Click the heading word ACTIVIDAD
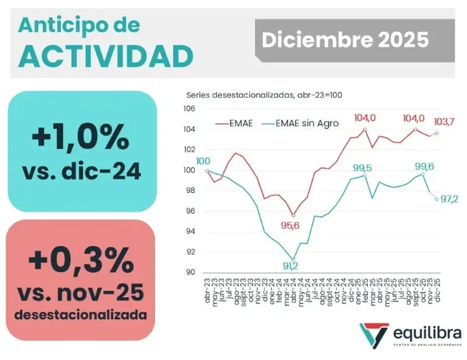coord(105,56)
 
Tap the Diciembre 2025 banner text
coord(345,40)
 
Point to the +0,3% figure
coord(81,261)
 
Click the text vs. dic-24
coord(82,172)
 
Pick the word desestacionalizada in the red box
coord(81,316)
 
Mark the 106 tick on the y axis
coord(189,109)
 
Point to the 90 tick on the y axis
coord(189,272)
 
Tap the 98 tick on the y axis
coord(189,190)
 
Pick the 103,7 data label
coord(443,122)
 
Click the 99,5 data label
coord(363,168)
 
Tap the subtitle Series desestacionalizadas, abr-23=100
coord(264,95)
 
